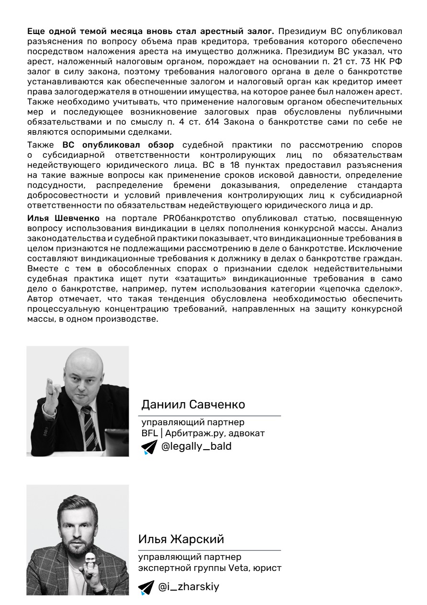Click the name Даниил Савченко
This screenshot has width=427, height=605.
(193, 405)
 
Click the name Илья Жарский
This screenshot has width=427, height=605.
(181, 539)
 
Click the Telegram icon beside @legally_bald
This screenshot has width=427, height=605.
(149, 447)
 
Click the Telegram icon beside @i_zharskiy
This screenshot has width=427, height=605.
(146, 587)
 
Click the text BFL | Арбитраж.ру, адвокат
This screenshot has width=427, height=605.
(203, 433)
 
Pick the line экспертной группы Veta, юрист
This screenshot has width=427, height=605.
(210, 568)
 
